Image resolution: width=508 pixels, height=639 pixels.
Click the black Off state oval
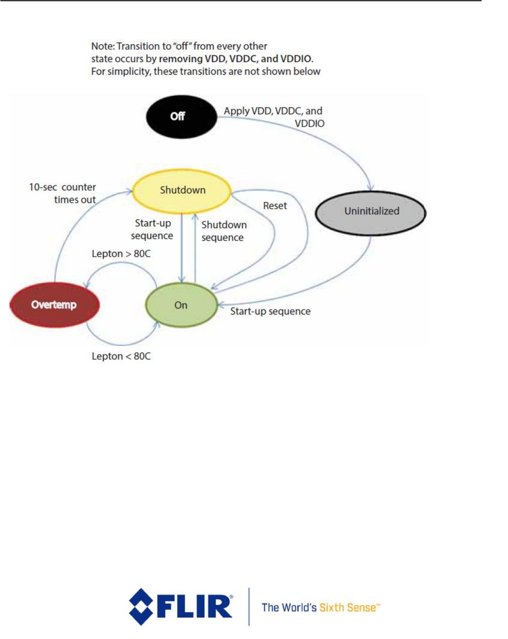(x=181, y=117)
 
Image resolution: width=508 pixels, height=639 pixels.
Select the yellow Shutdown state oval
(x=182, y=190)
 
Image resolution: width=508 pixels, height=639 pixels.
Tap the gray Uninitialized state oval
(x=371, y=212)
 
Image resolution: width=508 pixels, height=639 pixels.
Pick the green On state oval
(x=181, y=305)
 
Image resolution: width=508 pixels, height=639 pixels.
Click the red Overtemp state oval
(x=54, y=305)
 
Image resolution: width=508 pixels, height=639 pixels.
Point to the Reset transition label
(x=275, y=206)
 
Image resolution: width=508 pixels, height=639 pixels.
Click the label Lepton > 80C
(x=121, y=254)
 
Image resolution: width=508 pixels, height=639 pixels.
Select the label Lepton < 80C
(x=121, y=356)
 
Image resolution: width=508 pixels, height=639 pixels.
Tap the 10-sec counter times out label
(x=63, y=193)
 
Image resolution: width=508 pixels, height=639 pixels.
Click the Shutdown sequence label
(x=224, y=231)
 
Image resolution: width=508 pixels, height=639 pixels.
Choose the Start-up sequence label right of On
(x=270, y=312)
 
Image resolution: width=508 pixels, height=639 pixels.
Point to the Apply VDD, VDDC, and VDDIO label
(x=273, y=117)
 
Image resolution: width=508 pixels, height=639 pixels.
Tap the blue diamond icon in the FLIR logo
(x=141, y=607)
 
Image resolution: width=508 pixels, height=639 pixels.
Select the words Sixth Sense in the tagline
(x=349, y=608)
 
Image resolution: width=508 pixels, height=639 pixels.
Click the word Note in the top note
(x=102, y=46)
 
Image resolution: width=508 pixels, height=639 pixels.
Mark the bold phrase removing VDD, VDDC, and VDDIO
(x=236, y=59)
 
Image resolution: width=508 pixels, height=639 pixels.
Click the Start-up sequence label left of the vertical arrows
(x=152, y=229)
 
